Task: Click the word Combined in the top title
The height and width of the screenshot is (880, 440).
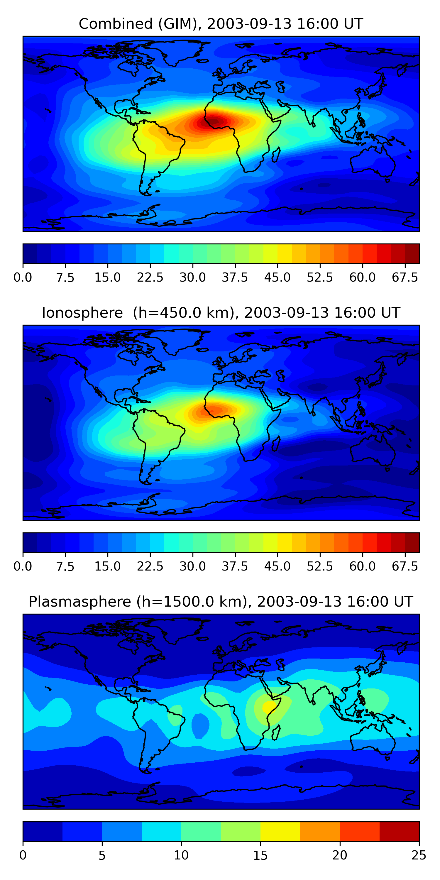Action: pos(116,24)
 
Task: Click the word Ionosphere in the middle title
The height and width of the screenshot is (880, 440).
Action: pos(82,313)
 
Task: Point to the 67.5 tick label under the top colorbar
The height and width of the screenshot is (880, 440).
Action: pos(405,277)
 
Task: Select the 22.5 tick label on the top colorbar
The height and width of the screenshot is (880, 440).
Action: pos(150,277)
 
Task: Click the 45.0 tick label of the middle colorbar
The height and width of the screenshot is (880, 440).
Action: pos(277,566)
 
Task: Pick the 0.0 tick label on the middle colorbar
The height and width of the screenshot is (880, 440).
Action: pos(23,566)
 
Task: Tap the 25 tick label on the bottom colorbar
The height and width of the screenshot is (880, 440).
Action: pos(419,855)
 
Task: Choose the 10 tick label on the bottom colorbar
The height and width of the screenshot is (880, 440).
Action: pos(181,855)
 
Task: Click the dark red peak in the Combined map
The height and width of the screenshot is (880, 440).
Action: pos(214,121)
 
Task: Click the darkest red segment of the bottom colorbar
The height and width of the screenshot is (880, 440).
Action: pos(399,831)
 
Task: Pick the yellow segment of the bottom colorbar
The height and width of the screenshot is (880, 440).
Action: pos(280,831)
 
